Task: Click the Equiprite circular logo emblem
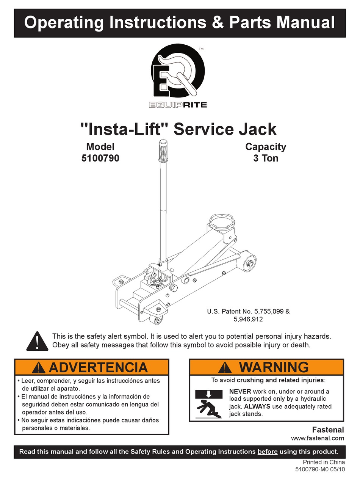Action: click(178, 72)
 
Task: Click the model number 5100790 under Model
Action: click(100, 158)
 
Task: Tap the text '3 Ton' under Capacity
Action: click(266, 158)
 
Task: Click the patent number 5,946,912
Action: click(248, 319)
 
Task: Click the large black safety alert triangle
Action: click(38, 341)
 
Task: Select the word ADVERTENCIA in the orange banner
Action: click(98, 367)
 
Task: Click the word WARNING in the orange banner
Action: click(274, 367)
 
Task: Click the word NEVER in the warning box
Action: click(240, 391)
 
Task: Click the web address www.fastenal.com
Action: click(317, 438)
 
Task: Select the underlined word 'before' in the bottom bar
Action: click(267, 452)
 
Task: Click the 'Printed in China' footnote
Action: click(324, 462)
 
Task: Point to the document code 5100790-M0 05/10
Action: click(320, 469)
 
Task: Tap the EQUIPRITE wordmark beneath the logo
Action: click(178, 105)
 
